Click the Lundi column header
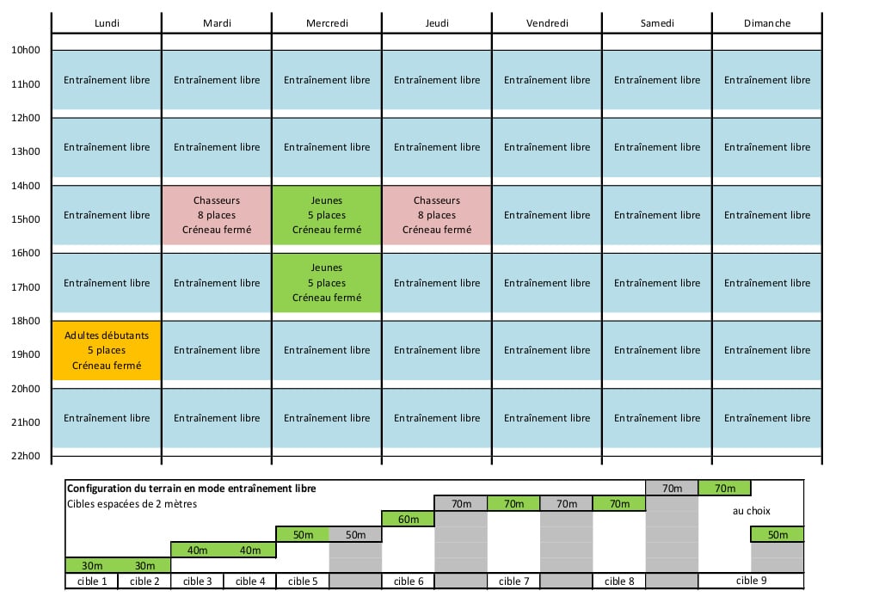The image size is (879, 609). (x=107, y=23)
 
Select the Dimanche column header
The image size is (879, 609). (x=767, y=23)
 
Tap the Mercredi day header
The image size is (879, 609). (x=327, y=23)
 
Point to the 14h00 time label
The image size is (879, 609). (x=26, y=186)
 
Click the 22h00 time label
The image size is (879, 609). (x=26, y=456)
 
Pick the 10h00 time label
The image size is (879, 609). (x=26, y=50)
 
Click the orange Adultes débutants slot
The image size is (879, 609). (x=107, y=350)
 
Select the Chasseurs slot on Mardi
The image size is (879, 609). (x=217, y=215)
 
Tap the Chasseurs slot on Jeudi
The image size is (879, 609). (x=437, y=215)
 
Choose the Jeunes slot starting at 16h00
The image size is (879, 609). (x=327, y=283)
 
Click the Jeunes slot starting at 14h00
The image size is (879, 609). (x=327, y=215)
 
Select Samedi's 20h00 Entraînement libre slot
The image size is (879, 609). (x=657, y=418)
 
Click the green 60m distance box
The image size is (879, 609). (x=408, y=520)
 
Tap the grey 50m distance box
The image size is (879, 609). (x=355, y=534)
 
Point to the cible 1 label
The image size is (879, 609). (x=92, y=581)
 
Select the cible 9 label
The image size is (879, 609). (x=751, y=581)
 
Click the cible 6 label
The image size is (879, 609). (x=408, y=581)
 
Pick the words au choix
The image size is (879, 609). (x=751, y=511)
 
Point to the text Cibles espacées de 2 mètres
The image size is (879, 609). (x=132, y=503)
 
